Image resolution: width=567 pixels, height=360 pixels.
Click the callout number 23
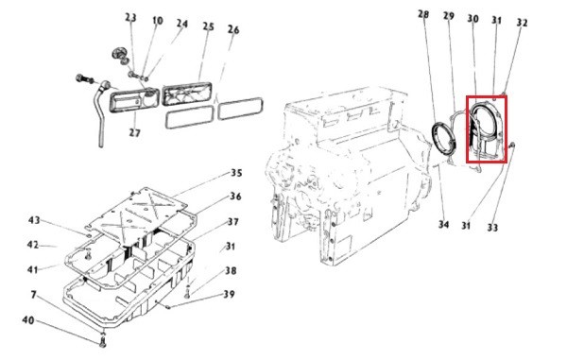tap(130, 17)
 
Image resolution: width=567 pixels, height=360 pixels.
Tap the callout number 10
tap(157, 20)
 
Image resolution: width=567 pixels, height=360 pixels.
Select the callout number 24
tap(182, 24)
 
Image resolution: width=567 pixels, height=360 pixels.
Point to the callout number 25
tap(208, 26)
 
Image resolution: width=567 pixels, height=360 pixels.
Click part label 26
tap(233, 29)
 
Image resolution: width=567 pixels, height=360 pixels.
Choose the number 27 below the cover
tap(134, 132)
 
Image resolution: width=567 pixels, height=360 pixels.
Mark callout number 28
tap(423, 14)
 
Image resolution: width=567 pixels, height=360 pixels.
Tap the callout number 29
tap(448, 16)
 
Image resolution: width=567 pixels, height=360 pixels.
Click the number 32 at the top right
tap(522, 23)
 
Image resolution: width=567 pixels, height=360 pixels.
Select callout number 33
tap(492, 228)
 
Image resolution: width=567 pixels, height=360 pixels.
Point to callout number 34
tap(444, 225)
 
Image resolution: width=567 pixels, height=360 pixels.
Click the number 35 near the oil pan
tap(236, 173)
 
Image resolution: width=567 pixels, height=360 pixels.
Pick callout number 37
tap(233, 221)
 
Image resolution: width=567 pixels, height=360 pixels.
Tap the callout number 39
tap(229, 294)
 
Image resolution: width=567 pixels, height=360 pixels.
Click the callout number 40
tap(28, 320)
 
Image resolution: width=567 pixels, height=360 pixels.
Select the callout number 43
tap(34, 220)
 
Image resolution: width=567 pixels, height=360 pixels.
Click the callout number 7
tap(34, 295)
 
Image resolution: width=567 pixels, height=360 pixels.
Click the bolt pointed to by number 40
tap(103, 340)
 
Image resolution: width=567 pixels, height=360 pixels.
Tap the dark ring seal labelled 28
tap(444, 139)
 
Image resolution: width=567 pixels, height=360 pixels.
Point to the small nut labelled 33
tap(512, 146)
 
